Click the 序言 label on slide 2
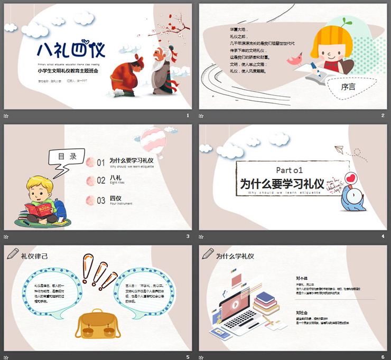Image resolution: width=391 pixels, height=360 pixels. click(348, 87)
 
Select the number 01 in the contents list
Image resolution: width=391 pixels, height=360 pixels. click(101, 163)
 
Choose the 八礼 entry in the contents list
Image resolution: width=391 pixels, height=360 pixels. click(115, 178)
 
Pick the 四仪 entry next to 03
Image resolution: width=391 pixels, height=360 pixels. click(115, 198)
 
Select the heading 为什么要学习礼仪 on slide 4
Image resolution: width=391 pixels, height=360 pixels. click(282, 184)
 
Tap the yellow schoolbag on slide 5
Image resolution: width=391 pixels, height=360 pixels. click(96, 325)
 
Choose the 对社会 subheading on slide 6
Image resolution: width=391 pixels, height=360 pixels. click(302, 312)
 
